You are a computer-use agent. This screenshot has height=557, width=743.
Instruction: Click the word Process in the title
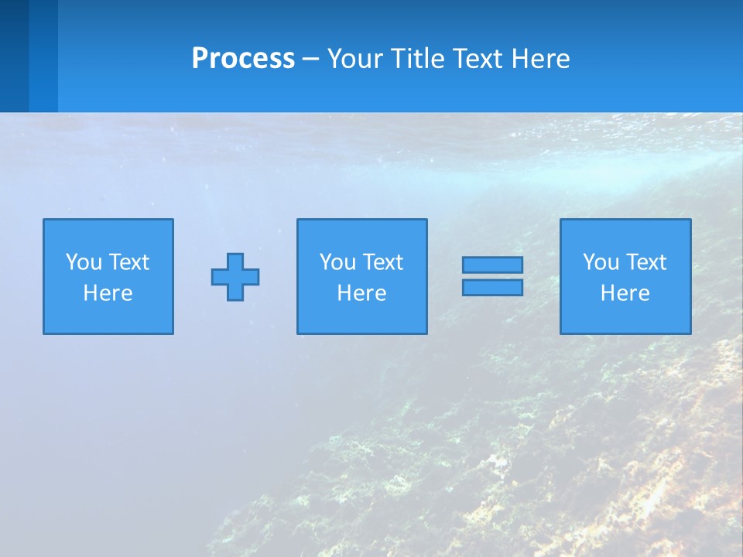click(243, 59)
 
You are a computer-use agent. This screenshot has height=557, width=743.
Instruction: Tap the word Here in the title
click(540, 59)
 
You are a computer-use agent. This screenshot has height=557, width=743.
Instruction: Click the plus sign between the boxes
click(235, 276)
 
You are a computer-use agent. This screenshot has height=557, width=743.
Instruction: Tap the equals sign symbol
click(492, 276)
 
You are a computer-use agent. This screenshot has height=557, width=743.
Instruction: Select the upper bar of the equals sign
click(492, 265)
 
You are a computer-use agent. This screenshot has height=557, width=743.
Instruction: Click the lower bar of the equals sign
click(492, 287)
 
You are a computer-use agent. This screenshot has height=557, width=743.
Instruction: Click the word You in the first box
click(84, 262)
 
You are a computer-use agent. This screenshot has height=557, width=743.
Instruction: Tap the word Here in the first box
click(108, 293)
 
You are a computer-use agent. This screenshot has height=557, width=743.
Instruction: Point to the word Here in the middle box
click(361, 293)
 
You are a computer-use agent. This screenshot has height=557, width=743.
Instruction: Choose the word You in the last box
click(601, 262)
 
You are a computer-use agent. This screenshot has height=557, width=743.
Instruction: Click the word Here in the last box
click(625, 293)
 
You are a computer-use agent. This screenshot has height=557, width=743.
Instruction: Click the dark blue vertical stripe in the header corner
click(14, 56)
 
